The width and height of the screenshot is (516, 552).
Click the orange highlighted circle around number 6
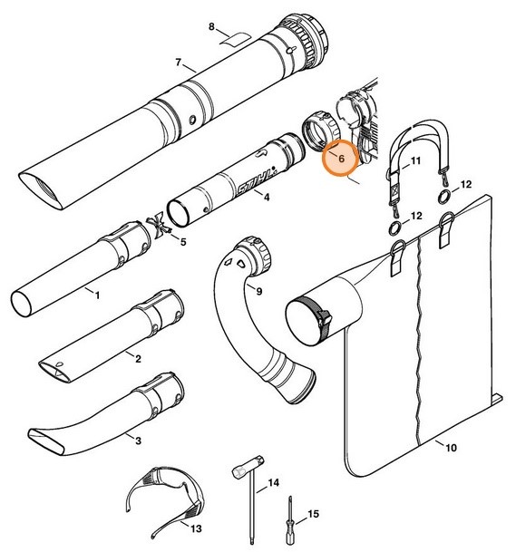coord(341,158)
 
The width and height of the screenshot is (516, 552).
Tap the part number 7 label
coord(179,63)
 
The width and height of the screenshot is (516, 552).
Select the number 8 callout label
coord(212,28)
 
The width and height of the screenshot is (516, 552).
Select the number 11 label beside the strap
coord(416,161)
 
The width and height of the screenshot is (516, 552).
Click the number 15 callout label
coord(314,515)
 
